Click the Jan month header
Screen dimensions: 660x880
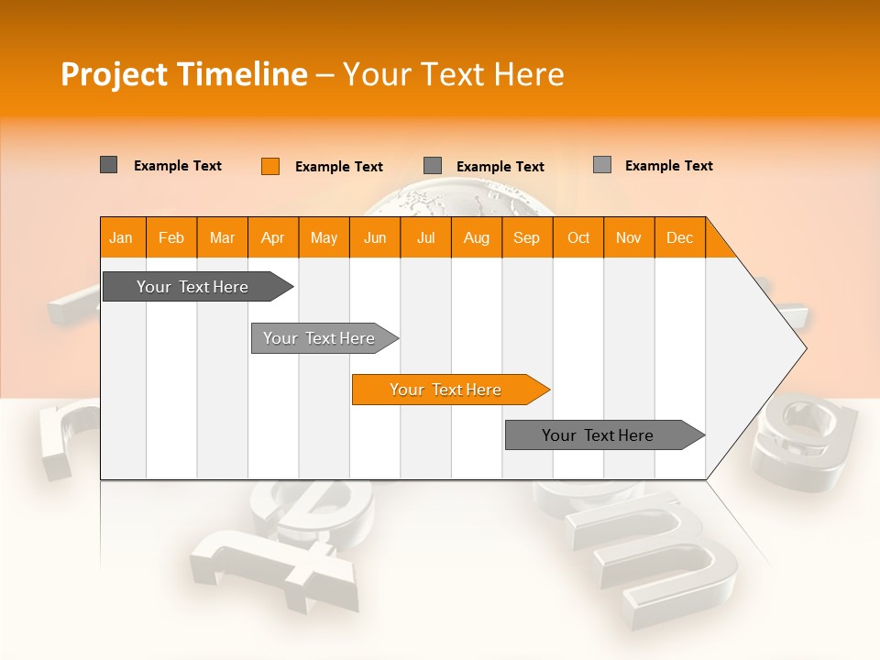tap(121, 238)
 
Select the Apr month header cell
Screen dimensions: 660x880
tap(272, 238)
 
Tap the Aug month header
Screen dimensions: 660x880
tap(476, 238)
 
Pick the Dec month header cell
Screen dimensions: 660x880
tap(679, 238)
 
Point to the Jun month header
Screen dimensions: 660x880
tap(374, 238)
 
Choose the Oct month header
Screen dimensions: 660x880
tap(577, 238)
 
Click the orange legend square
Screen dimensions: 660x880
tap(270, 166)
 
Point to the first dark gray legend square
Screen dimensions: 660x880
tap(108, 165)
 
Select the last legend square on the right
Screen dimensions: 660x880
tap(602, 165)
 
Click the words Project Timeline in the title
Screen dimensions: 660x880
tap(183, 74)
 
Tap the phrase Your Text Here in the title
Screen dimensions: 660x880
tap(453, 74)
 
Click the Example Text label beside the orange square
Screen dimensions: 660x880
tap(338, 167)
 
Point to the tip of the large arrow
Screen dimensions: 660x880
tap(804, 347)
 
